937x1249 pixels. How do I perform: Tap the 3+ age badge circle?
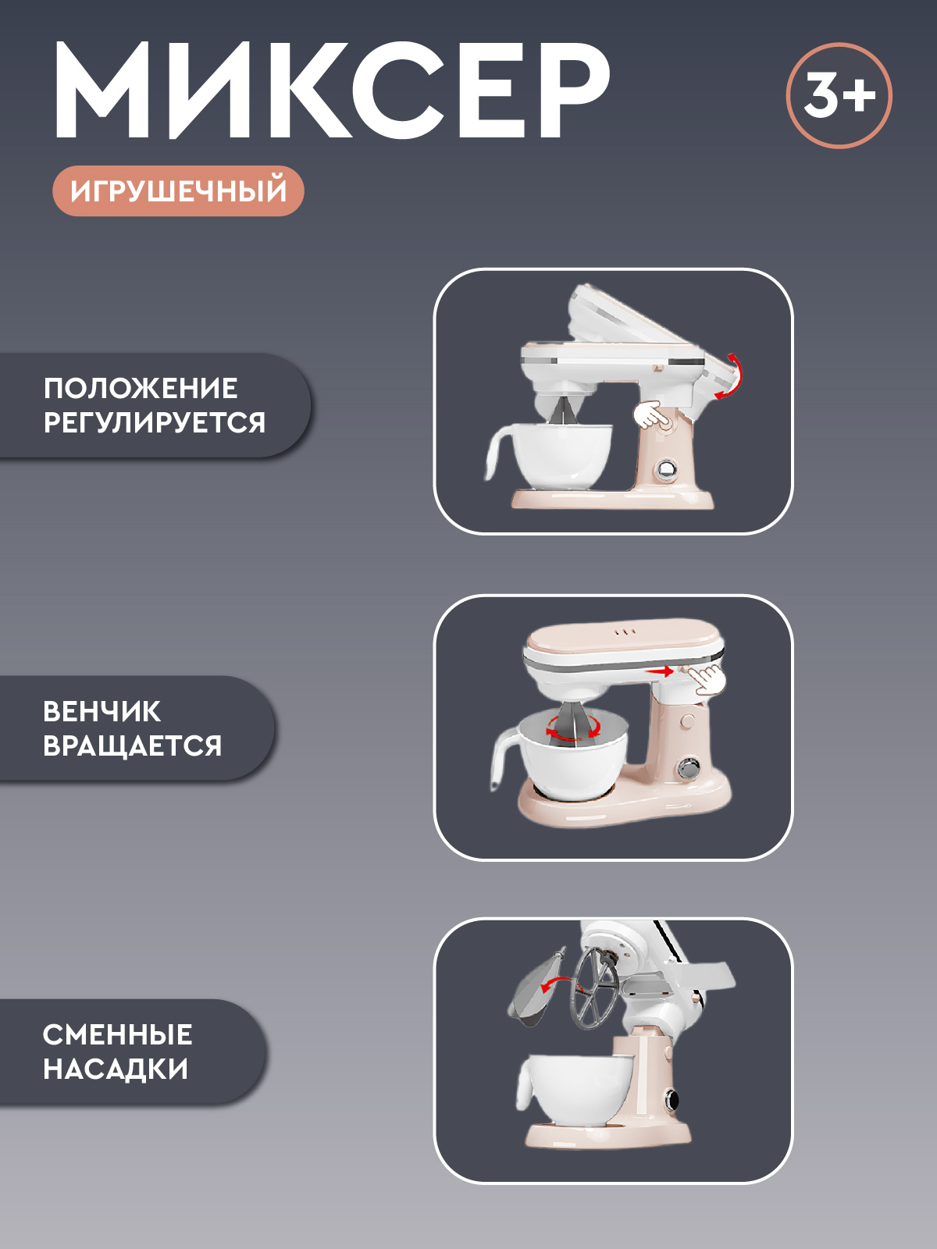[839, 95]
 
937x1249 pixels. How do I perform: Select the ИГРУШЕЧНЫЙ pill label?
[178, 191]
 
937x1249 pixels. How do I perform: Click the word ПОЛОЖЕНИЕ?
[141, 388]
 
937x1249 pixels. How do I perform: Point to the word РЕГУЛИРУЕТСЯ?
[155, 422]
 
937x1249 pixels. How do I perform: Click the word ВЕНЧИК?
[102, 711]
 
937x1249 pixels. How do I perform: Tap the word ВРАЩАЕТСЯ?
[133, 745]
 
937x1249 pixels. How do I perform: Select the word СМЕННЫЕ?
[117, 1034]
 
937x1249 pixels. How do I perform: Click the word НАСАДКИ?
[116, 1069]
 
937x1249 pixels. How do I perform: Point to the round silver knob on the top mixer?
[667, 469]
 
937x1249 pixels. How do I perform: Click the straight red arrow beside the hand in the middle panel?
[660, 671]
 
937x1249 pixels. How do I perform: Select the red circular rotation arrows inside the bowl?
[573, 728]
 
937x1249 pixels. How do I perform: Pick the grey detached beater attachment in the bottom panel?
[534, 985]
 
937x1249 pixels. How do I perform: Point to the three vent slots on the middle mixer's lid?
[625, 632]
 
